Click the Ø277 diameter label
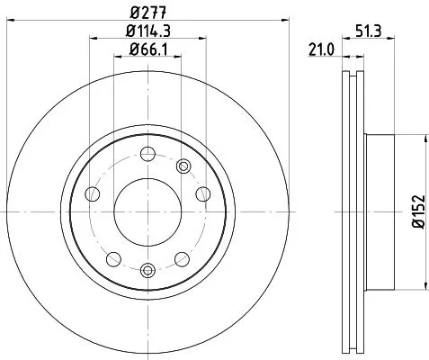point(149,13)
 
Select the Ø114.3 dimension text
point(149,33)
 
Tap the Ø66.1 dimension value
point(149,52)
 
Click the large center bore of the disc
point(148,212)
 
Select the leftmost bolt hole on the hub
point(92,194)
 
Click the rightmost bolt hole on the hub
point(205,194)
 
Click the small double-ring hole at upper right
point(183,165)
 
